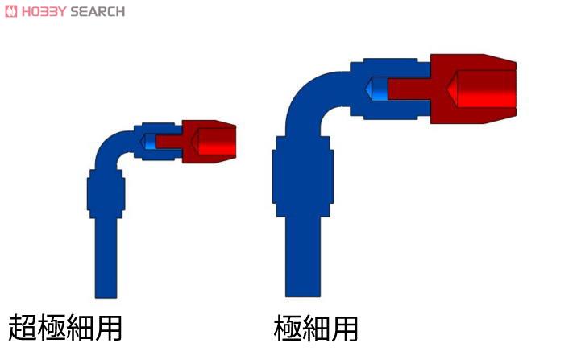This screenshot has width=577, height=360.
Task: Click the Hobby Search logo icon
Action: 10,11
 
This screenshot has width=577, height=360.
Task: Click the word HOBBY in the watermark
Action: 44,12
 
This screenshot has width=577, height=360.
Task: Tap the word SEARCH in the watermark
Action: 98,12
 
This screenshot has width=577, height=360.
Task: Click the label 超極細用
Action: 64,327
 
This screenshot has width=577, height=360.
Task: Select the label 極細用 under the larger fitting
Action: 316,328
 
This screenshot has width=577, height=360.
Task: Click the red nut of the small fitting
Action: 209,142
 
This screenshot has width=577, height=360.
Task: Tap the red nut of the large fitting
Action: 473,89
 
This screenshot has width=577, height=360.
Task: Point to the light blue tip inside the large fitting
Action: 377,89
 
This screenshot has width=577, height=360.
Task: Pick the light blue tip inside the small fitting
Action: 148,142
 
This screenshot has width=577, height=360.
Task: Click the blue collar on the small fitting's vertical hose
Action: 106,194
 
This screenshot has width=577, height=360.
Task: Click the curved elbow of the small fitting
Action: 110,147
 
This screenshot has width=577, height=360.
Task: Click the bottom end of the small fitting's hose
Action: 106,297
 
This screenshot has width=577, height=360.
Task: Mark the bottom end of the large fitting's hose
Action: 303,296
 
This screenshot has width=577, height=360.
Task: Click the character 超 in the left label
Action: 22,327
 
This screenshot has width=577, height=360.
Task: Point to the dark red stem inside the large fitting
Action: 409,89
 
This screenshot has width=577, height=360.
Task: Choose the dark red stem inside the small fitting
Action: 168,142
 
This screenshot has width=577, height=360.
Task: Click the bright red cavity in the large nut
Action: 481,89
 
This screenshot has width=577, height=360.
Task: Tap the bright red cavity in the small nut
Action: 214,142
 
